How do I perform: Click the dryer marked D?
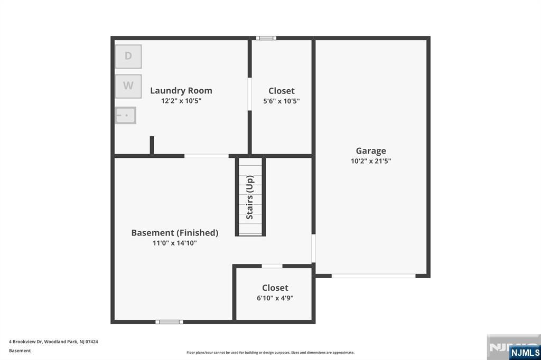(128, 56)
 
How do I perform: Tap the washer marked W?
(128, 86)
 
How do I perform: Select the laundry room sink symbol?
(125, 115)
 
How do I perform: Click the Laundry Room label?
(181, 91)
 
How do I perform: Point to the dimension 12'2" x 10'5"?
(181, 101)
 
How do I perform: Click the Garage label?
(371, 151)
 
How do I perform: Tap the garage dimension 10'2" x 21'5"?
(371, 161)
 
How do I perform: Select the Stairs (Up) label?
(250, 197)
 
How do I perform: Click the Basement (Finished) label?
(174, 233)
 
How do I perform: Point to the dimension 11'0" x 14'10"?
(174, 243)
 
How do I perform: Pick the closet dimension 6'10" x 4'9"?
(275, 298)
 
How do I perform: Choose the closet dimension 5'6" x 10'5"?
(282, 101)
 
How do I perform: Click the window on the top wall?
(266, 38)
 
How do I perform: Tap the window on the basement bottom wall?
(169, 322)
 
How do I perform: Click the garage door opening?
(374, 276)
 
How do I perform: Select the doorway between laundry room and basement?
(207, 156)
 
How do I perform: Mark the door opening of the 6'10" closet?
(272, 266)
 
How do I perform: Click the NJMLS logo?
(525, 352)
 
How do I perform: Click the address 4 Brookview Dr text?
(53, 342)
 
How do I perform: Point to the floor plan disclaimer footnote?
(270, 353)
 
